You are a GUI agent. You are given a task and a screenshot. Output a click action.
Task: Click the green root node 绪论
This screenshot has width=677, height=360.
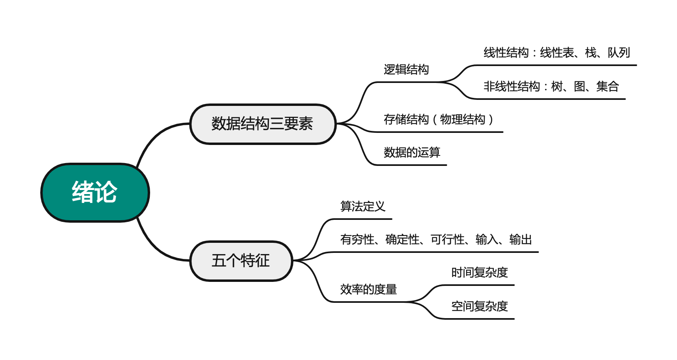click(95, 192)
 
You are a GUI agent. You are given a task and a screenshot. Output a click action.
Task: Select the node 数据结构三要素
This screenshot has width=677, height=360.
click(262, 124)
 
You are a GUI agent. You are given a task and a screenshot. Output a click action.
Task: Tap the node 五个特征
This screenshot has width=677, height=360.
click(241, 261)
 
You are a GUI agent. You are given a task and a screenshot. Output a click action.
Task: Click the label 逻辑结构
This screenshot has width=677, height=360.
click(406, 70)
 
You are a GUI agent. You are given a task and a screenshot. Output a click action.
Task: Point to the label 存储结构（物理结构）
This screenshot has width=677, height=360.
click(438, 120)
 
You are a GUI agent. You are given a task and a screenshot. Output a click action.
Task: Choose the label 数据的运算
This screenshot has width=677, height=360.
click(412, 153)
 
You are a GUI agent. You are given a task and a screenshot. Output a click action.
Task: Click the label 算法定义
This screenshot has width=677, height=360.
click(363, 207)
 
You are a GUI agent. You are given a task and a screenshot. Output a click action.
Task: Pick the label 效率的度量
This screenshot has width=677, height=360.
click(368, 290)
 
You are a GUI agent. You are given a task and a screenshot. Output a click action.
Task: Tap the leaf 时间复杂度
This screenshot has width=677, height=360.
click(479, 273)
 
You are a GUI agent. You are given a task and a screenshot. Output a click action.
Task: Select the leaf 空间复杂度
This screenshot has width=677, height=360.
click(479, 306)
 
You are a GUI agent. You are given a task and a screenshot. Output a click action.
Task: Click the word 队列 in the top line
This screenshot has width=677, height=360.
click(619, 53)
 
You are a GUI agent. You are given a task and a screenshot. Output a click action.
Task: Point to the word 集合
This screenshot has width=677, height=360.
click(607, 87)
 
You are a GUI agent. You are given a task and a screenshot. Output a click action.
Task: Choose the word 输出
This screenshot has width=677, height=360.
click(520, 240)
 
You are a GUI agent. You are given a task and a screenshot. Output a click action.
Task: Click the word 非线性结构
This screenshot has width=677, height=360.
click(512, 87)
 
